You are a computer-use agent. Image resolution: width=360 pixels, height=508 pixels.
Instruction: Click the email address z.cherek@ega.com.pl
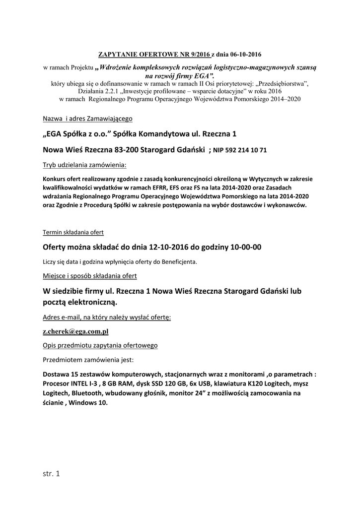(x=75, y=331)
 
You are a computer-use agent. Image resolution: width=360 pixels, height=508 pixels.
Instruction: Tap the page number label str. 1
(x=51, y=474)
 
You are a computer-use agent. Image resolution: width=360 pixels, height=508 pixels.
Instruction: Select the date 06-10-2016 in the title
(x=243, y=54)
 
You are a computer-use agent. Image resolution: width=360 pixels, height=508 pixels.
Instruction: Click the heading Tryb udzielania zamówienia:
(x=84, y=164)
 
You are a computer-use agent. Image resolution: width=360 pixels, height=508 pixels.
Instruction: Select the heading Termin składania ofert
(x=73, y=232)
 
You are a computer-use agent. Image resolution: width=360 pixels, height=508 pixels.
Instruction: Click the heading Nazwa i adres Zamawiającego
(x=87, y=119)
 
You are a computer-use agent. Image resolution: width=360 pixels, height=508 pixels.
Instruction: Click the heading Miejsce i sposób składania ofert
(x=89, y=275)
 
